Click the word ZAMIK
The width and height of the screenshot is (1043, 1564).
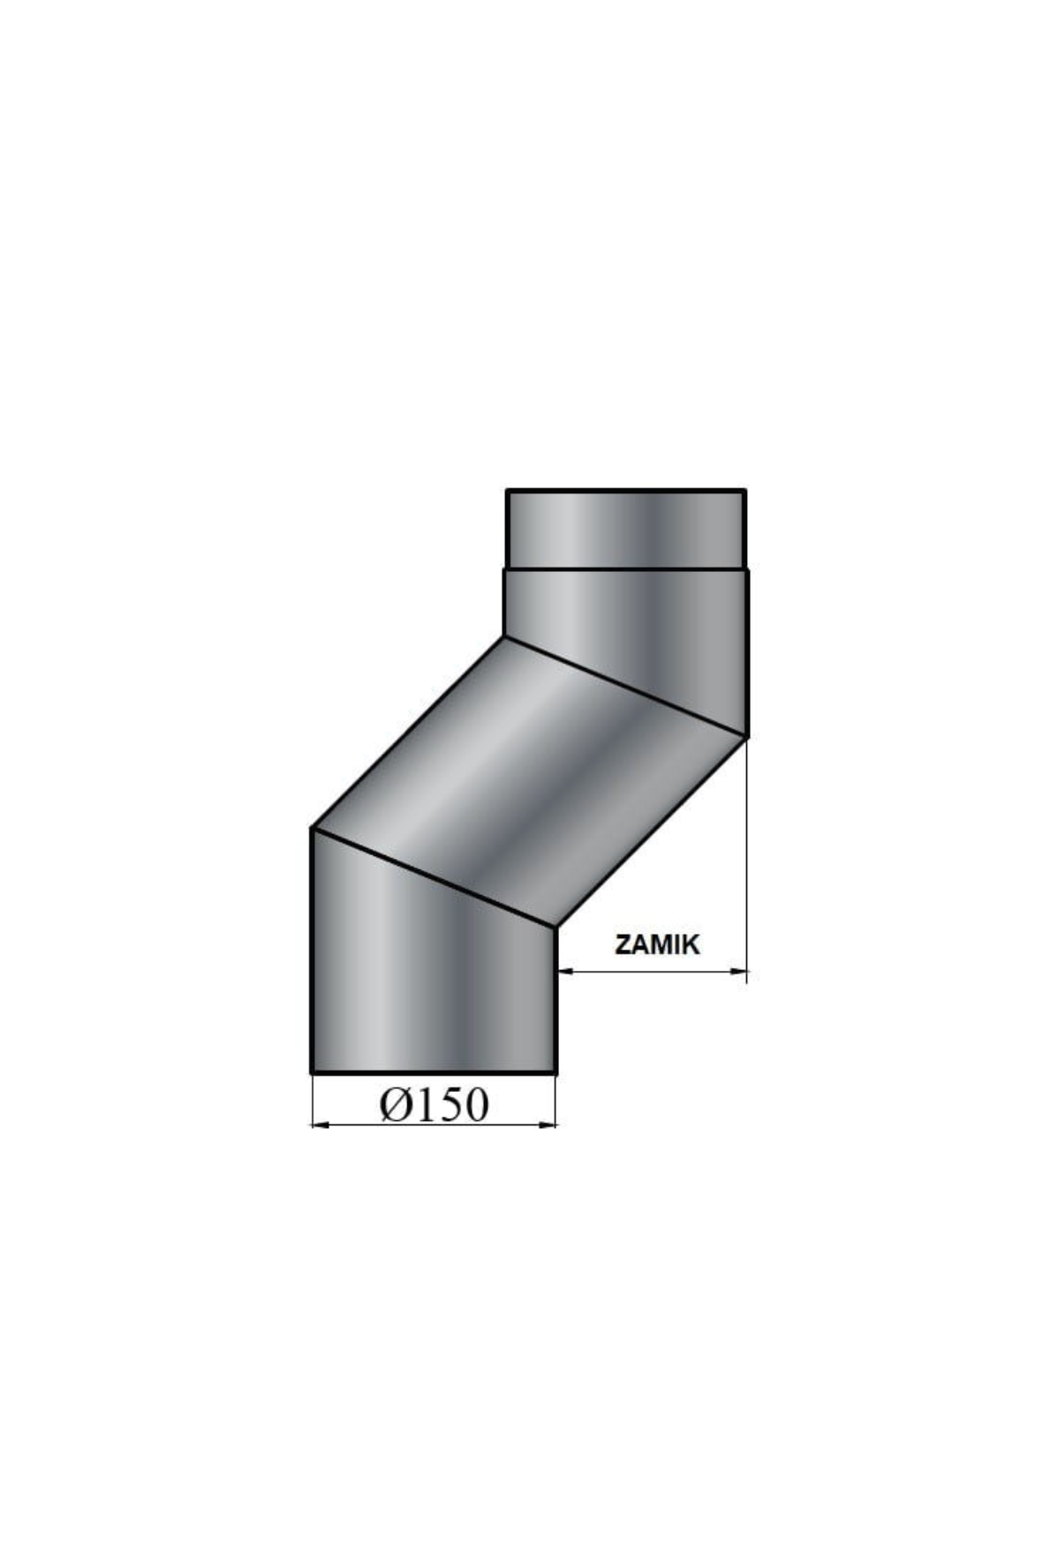click(x=657, y=944)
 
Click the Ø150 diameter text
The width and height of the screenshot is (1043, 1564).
click(x=434, y=1104)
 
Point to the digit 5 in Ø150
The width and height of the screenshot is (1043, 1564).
click(x=447, y=1104)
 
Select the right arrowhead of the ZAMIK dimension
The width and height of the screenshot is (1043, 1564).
click(x=737, y=972)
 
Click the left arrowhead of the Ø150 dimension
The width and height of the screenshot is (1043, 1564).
click(x=321, y=1124)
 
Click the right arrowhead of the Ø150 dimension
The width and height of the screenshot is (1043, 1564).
click(x=547, y=1124)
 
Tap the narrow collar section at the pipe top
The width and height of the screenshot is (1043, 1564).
click(x=626, y=529)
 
